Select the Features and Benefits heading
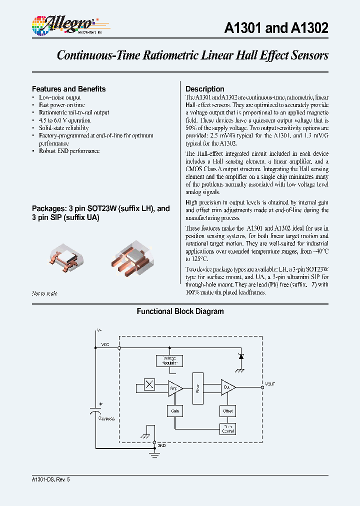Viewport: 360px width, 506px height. point(68,89)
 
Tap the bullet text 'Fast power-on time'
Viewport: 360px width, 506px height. point(62,105)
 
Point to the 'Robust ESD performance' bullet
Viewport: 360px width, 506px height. point(69,151)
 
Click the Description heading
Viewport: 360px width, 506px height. point(204,89)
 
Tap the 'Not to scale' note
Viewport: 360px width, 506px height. point(44,293)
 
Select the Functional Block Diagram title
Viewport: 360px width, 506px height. point(180,311)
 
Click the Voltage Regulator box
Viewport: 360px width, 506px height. point(169,360)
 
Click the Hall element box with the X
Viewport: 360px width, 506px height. point(149,384)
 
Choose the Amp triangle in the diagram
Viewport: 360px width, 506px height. point(174,388)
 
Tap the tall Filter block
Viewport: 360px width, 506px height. point(198,387)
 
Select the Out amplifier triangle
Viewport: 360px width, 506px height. point(227,388)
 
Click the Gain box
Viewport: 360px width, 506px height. point(175,410)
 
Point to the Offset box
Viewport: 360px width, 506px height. point(227,410)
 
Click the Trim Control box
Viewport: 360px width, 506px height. point(227,428)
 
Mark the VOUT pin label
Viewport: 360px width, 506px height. point(270,384)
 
